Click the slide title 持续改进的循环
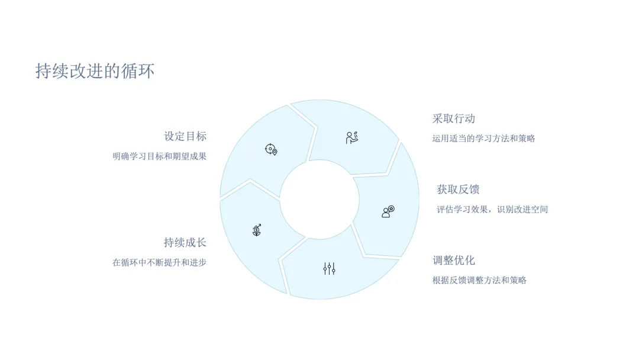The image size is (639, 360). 95,72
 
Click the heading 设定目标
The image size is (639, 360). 185,136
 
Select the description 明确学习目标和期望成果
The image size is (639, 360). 160,157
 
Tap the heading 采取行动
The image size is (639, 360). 454,118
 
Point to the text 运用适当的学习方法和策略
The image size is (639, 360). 483,139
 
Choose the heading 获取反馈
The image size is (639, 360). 458,189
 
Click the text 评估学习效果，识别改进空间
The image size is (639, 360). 492,210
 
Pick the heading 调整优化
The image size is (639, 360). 454,261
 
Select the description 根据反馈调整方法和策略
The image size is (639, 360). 479,281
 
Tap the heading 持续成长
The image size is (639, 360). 185,243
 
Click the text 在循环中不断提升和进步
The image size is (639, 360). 160,263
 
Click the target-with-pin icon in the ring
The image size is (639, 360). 271,149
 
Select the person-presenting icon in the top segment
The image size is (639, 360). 352,137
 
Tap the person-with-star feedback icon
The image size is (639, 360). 388,211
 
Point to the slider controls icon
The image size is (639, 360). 330,269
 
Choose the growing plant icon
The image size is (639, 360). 257,230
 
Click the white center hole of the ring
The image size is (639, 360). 319,200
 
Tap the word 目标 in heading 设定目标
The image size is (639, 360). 196,136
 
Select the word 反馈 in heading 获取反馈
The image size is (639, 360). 469,189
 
